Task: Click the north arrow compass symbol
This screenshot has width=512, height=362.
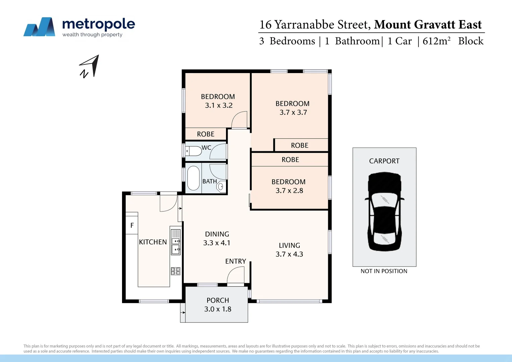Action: click(90, 66)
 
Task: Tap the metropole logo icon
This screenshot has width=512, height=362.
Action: click(39, 27)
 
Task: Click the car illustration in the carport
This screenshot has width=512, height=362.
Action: click(384, 212)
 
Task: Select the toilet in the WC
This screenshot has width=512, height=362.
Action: click(194, 151)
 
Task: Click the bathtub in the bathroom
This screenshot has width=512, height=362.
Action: click(193, 178)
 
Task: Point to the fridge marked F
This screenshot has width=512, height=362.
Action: click(132, 226)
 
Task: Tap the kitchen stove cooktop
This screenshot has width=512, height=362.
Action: click(175, 271)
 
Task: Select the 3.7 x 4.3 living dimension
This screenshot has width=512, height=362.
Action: click(289, 254)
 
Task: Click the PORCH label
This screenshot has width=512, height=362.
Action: click(218, 300)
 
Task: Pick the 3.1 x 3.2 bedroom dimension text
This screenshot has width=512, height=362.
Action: click(219, 105)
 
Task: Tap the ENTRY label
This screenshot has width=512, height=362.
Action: click(235, 261)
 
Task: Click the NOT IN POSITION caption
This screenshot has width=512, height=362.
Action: click(384, 271)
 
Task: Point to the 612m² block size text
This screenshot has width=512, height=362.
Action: click(437, 41)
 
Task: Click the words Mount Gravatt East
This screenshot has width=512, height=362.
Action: click(428, 25)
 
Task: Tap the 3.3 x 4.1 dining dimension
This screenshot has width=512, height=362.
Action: click(217, 243)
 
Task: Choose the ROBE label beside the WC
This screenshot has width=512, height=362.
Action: click(206, 134)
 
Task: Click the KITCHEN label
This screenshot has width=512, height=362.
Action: click(153, 242)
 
